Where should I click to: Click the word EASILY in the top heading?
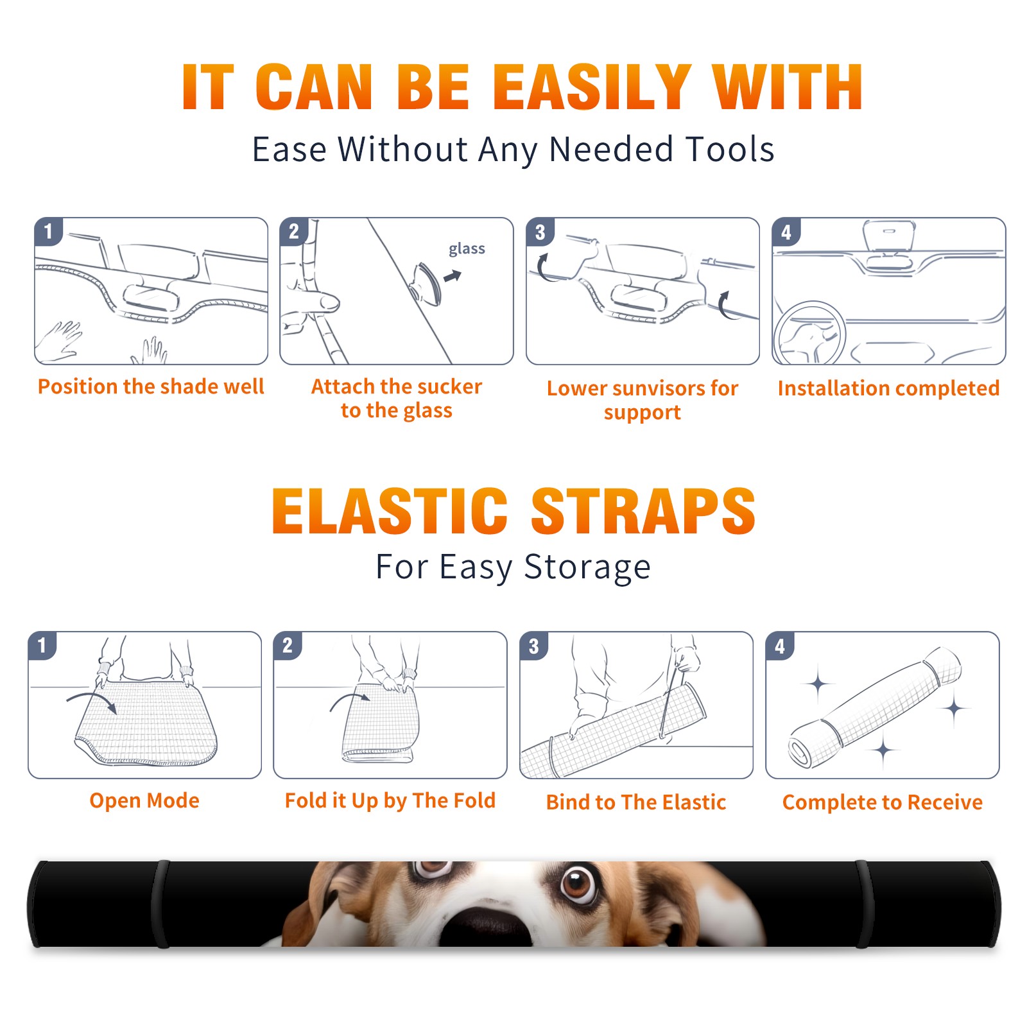(592, 87)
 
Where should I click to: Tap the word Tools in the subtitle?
(729, 149)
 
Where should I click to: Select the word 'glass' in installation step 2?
(467, 249)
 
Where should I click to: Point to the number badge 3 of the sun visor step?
(540, 232)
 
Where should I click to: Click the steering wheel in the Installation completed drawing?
(809, 333)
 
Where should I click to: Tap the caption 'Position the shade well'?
(151, 386)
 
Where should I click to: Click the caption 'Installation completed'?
(888, 388)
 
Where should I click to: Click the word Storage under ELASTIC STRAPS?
(587, 567)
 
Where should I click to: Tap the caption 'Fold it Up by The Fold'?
(390, 800)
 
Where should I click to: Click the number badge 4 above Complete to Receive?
(780, 646)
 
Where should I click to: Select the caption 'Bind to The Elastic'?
(636, 802)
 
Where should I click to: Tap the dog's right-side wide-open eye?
(578, 884)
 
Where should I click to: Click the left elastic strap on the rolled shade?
(160, 904)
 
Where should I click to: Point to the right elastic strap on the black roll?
(864, 904)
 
